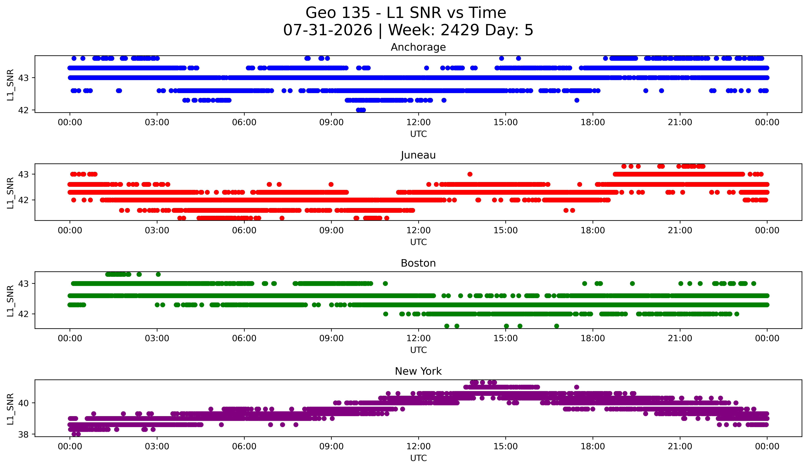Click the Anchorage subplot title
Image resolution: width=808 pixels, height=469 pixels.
point(418,47)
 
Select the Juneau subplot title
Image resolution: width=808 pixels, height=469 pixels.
point(418,155)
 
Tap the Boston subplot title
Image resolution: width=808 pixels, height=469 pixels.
point(418,263)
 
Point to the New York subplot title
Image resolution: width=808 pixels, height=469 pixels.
point(418,371)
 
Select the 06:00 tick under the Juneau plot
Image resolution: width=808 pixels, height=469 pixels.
point(244,230)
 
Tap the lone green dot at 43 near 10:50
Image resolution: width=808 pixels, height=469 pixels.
point(385,283)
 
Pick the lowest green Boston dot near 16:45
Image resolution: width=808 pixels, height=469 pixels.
point(557,326)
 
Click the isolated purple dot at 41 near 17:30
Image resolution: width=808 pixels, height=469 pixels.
point(577,387)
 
